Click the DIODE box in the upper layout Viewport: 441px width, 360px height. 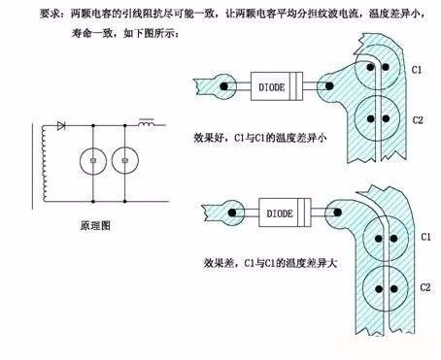[277, 86]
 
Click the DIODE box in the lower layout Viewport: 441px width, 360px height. [285, 213]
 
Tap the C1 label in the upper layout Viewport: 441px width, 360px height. [417, 70]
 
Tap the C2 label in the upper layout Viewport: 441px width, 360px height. [418, 120]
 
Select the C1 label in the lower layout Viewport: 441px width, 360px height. [425, 237]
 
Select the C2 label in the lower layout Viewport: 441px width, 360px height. [425, 287]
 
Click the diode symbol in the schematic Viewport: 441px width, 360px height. [61, 125]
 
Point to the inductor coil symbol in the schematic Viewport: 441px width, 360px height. [147, 123]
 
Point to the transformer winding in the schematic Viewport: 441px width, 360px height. [45, 163]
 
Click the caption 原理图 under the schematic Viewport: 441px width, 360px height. [95, 225]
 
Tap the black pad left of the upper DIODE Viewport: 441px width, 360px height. [223, 86]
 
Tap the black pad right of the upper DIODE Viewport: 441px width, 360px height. [329, 86]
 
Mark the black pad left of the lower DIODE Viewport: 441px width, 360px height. [232, 213]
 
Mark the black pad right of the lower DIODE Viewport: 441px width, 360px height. [338, 213]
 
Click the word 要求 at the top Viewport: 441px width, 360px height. [50, 14]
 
